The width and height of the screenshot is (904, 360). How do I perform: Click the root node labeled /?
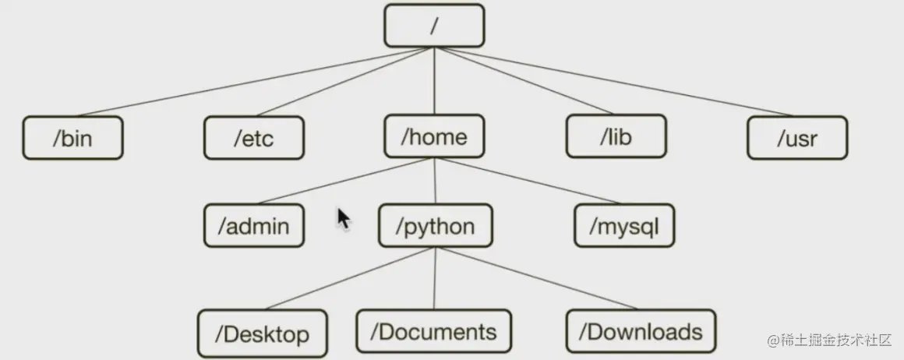tap(434, 26)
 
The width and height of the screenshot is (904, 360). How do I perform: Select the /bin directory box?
tap(72, 138)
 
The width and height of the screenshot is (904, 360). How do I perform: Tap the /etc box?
tap(254, 138)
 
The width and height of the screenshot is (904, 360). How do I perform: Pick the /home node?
tap(434, 137)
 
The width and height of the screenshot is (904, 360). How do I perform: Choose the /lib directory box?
tap(616, 137)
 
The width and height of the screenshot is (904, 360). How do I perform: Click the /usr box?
tap(797, 138)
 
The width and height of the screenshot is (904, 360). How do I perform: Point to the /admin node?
tap(254, 226)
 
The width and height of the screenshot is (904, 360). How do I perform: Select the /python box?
tap(435, 226)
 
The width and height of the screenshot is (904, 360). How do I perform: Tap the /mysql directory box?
tap(624, 226)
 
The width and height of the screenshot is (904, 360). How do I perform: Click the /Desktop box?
tap(262, 334)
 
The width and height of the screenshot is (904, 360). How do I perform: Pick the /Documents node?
tap(434, 331)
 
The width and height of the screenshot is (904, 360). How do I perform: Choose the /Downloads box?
tap(641, 331)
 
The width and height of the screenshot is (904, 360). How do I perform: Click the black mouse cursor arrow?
tap(343, 218)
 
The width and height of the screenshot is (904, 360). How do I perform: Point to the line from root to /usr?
tap(616, 81)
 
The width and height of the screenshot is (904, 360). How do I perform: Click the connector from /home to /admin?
tap(343, 182)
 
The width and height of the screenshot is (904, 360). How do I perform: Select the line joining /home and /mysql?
tap(530, 182)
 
